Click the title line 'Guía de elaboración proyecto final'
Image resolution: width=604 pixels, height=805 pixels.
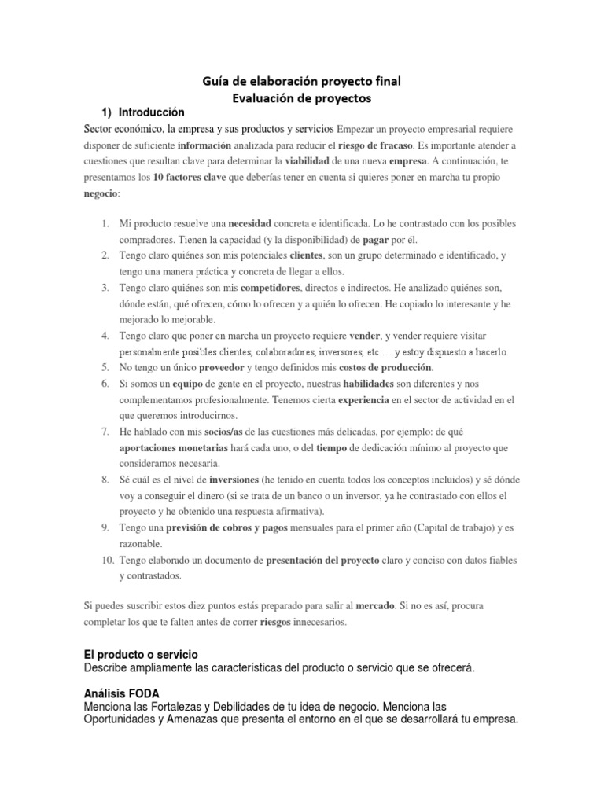[x=301, y=82]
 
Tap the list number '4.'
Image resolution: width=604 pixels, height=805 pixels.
[x=105, y=336]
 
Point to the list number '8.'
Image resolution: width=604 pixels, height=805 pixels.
[x=105, y=480]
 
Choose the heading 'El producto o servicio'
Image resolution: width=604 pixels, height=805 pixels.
[x=141, y=654]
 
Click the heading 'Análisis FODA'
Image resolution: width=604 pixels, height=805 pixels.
[x=121, y=694]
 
